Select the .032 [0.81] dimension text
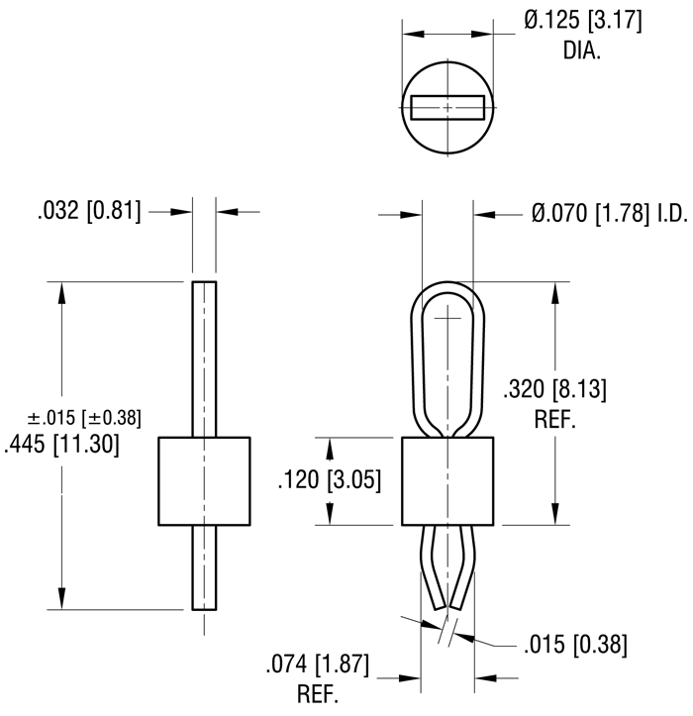[90, 211]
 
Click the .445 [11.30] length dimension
[61, 446]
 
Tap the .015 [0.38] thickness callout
[574, 645]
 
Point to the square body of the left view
[203, 480]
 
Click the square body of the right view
[447, 480]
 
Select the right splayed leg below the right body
[463, 564]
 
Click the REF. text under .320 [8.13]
[554, 419]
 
